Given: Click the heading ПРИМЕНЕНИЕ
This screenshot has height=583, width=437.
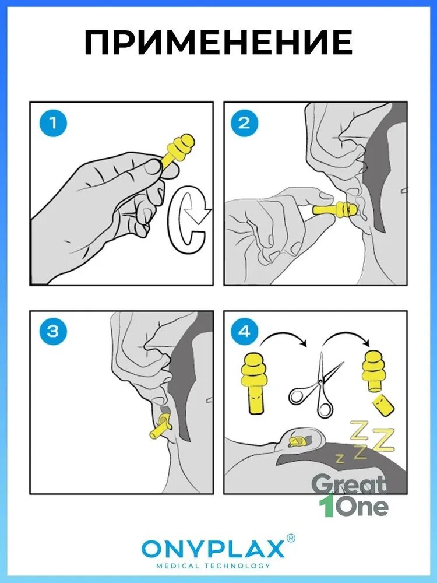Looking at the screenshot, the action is (218, 43).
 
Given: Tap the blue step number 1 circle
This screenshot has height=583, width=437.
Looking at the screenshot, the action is (53, 123).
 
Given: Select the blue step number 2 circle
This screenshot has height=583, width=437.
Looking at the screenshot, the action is (244, 123).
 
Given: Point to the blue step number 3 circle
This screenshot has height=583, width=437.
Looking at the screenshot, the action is (53, 331).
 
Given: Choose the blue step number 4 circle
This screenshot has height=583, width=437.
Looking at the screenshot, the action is (244, 331).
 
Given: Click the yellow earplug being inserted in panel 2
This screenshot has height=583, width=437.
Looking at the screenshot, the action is (335, 210).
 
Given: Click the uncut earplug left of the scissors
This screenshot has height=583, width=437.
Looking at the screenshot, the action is (254, 382).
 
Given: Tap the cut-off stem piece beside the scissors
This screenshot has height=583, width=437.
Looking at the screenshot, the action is (383, 406).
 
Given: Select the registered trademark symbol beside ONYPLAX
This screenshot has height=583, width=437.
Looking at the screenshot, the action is (291, 538).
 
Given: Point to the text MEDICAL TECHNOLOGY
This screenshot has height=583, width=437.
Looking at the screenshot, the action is (213, 566).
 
